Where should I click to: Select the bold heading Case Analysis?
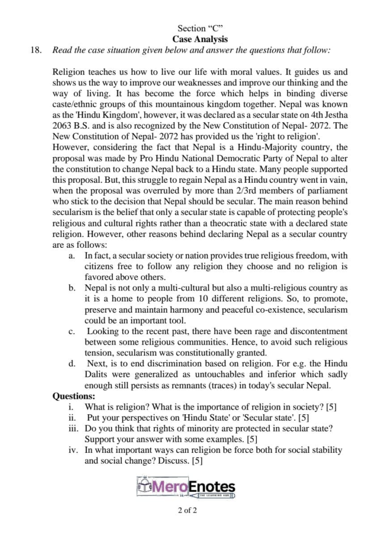(200, 39)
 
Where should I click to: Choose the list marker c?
(71, 331)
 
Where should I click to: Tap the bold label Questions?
(74, 396)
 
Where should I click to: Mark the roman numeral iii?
(73, 428)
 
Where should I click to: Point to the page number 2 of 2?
(187, 511)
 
